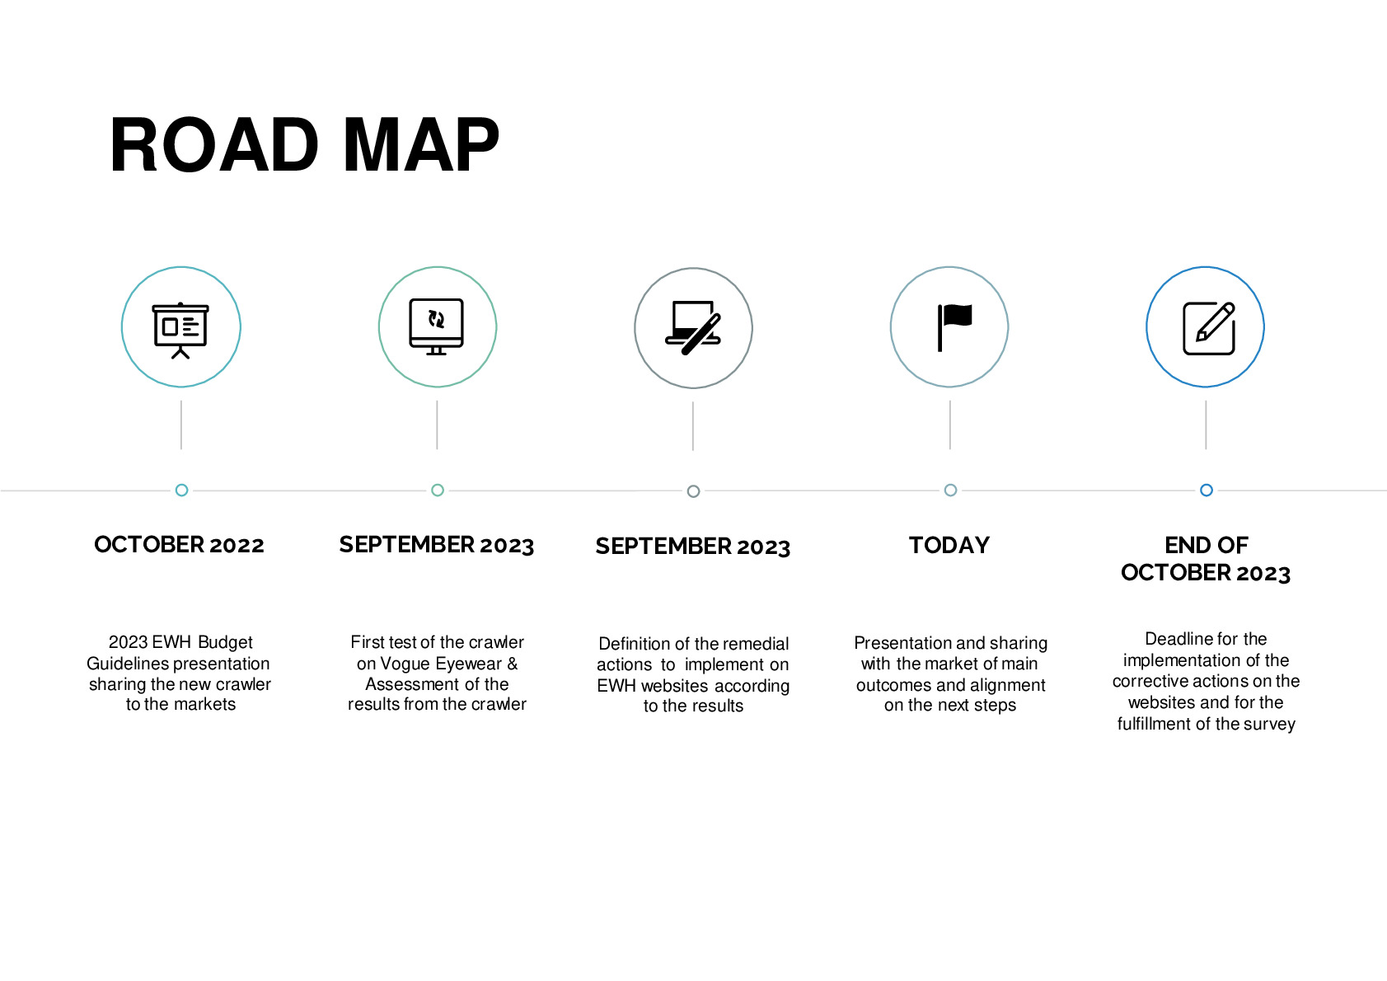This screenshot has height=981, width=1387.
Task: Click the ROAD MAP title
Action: tap(304, 144)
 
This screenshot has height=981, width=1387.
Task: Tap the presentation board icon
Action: tap(180, 330)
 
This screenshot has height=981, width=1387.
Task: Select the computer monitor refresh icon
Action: tap(437, 326)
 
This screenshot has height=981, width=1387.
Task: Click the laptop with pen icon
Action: tap(693, 328)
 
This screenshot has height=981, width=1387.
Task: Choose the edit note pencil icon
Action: tap(1209, 328)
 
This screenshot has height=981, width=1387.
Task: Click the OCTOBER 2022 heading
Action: tap(179, 544)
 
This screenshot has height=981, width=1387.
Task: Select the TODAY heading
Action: tap(949, 545)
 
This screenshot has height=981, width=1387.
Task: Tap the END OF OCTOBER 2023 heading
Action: tap(1206, 559)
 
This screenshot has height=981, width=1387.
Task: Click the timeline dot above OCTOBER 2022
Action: tap(181, 490)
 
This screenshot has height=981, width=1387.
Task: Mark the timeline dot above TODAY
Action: tap(950, 490)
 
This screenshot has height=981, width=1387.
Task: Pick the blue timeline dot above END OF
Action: tap(1207, 490)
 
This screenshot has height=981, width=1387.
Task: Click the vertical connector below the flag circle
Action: tap(950, 425)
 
